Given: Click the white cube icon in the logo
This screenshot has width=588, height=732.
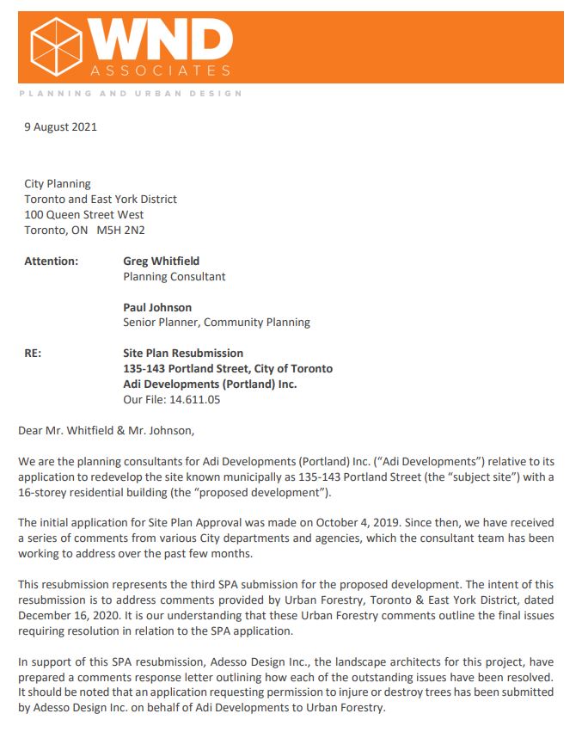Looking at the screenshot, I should [56, 47].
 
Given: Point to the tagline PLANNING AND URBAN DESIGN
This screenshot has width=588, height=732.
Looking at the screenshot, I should [130, 93].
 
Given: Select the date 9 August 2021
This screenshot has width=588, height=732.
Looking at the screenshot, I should [60, 127].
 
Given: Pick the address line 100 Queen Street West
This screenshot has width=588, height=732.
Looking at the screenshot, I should [83, 214].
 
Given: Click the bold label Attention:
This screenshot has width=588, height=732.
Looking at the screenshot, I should [51, 261].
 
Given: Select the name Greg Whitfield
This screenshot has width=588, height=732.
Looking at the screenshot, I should [160, 261].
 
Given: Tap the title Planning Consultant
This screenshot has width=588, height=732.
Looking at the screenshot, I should [175, 276].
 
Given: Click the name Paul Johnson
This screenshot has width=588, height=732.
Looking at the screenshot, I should [157, 307].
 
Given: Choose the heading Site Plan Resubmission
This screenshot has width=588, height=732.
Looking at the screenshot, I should [183, 354].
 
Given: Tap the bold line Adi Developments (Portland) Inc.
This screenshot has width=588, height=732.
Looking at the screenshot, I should [210, 384].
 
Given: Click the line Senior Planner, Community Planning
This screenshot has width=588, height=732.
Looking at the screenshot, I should [217, 323].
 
